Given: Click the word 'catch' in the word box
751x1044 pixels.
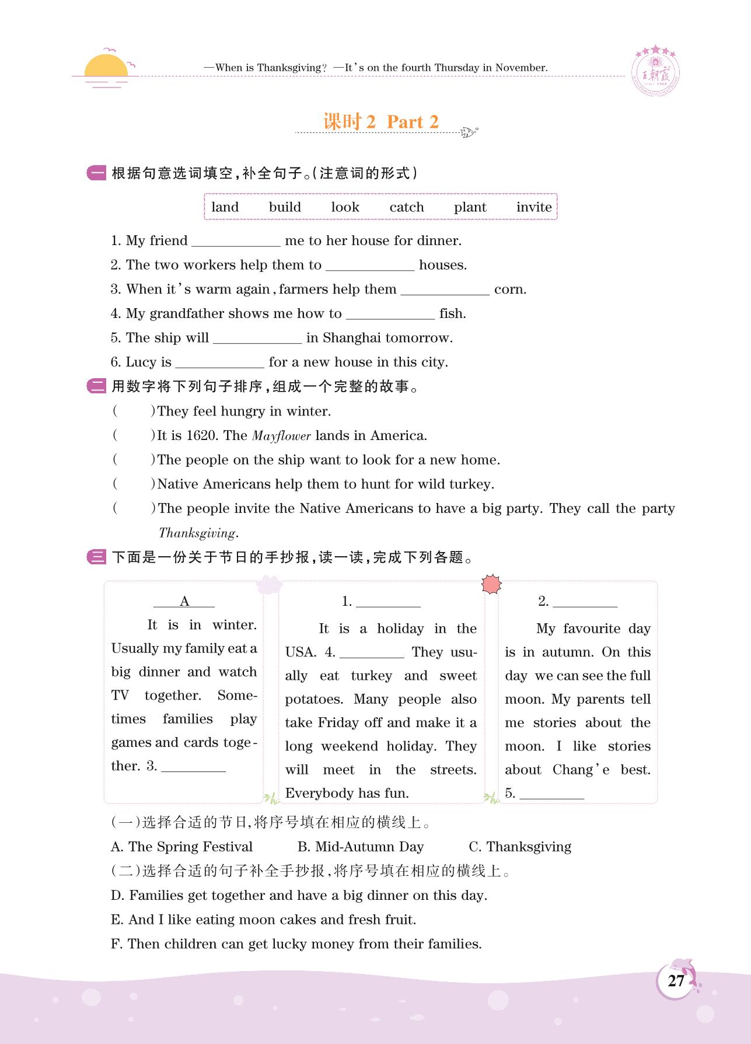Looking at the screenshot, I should (x=407, y=207).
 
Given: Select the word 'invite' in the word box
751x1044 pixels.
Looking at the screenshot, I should (x=534, y=207).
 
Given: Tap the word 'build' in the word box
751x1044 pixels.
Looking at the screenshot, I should (x=285, y=207).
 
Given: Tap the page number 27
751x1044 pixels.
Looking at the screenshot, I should (x=676, y=981).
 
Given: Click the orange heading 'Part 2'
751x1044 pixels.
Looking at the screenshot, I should (x=413, y=121).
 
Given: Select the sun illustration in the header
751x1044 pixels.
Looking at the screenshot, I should (x=106, y=67).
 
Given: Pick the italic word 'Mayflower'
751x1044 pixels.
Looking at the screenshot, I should (x=281, y=436).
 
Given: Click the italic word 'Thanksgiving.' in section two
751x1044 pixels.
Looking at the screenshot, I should (x=198, y=533).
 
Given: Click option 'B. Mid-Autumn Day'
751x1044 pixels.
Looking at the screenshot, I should (x=361, y=847).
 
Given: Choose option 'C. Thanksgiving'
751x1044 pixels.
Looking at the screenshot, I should (x=520, y=847).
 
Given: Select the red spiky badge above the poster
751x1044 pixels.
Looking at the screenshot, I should (x=492, y=584).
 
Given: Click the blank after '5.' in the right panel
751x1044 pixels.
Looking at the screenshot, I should (x=551, y=795).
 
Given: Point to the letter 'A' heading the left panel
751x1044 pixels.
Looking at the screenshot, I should (x=184, y=602).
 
